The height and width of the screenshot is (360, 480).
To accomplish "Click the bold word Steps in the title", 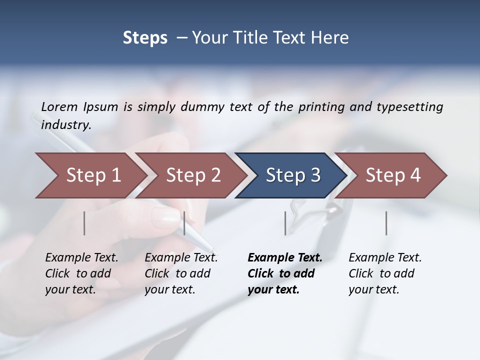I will (x=145, y=38).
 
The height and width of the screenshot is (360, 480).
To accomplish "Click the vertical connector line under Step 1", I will (x=84, y=223).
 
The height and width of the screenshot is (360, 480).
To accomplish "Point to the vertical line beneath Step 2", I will (x=184, y=223).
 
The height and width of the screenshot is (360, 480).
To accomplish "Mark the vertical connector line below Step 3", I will (x=285, y=223).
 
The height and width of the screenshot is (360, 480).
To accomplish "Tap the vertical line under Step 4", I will (x=386, y=223).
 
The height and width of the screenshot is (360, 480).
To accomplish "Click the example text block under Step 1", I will (x=81, y=273).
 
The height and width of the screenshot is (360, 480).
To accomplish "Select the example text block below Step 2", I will (x=181, y=273).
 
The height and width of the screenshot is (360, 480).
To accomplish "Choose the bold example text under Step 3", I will (x=284, y=273).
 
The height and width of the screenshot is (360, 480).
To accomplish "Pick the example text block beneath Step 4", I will (x=385, y=273).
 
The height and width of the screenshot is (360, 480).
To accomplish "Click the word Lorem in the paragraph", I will (x=59, y=107).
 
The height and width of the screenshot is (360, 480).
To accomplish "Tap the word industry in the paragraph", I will (x=65, y=125).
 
